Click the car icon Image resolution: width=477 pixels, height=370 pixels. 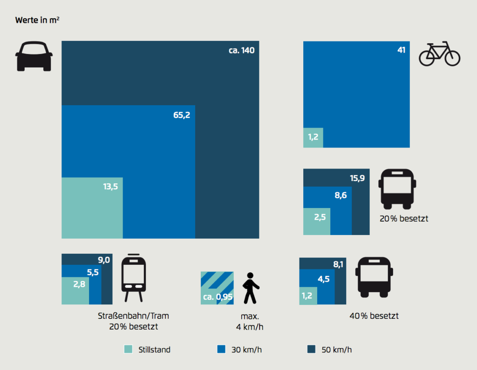(34, 56)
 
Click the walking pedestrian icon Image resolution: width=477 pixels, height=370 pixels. (251, 288)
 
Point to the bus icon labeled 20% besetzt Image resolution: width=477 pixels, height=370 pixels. (396, 189)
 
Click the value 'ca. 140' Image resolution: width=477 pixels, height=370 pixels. (241, 50)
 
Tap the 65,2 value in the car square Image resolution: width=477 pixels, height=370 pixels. (182, 115)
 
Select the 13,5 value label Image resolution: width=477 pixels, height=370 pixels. (110, 187)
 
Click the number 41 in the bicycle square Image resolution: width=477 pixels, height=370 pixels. (401, 50)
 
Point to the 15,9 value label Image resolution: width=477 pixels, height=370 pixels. (357, 178)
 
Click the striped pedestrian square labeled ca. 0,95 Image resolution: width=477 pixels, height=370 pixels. (217, 288)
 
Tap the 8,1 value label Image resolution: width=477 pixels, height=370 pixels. (338, 263)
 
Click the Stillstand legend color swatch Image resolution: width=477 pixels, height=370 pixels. (129, 349)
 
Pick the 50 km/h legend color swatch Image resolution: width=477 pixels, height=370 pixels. (311, 349)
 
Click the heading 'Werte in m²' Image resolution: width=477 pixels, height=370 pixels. (37, 20)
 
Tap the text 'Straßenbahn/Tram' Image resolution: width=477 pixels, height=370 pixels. (133, 316)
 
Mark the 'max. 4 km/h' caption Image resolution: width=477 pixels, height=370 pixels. (250, 321)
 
